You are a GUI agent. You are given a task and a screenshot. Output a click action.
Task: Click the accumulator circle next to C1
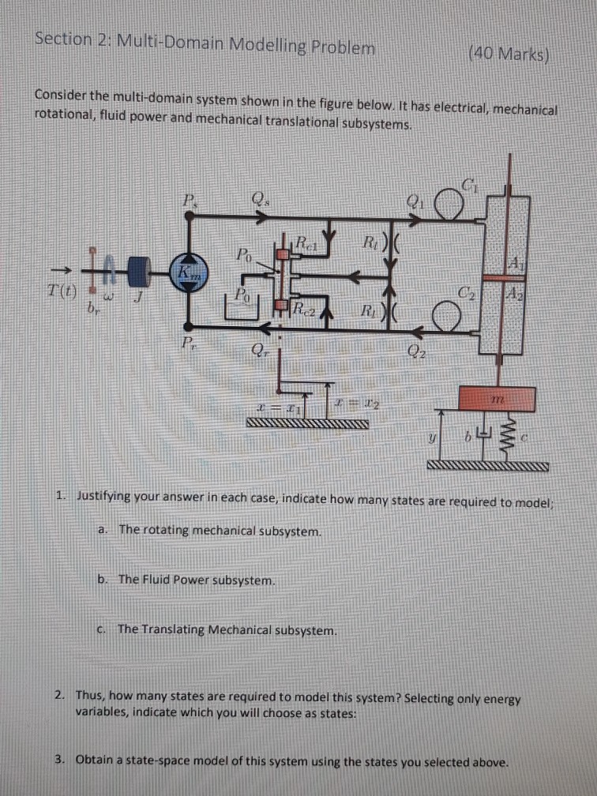[x=452, y=207]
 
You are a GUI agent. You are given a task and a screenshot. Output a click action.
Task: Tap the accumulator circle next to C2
[x=449, y=319]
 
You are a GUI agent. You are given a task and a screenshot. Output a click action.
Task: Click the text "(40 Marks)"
[x=509, y=54]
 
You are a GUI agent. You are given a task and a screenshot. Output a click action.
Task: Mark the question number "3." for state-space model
[x=60, y=760]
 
